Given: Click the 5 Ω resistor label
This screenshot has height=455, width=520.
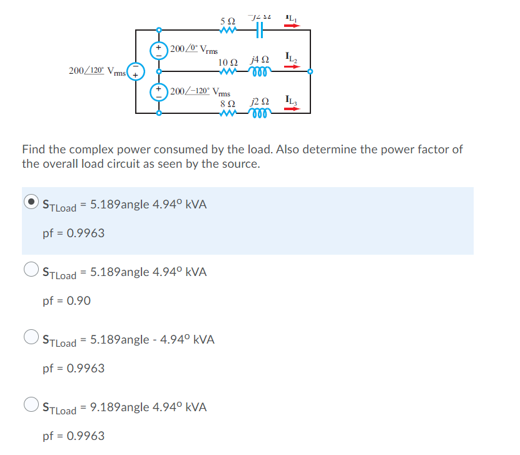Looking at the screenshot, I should coord(228,21).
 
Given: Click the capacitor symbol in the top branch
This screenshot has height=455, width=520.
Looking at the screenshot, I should coord(259,30).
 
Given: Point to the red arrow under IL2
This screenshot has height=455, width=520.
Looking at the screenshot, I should coord(292,67).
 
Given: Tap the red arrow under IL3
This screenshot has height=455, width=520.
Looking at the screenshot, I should coord(292,109).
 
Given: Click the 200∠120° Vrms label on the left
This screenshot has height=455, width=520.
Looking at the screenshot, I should coord(97,71).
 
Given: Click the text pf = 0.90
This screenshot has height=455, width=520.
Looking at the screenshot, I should coord(66,301).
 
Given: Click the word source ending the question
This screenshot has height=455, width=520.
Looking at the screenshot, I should coord(238,164).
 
